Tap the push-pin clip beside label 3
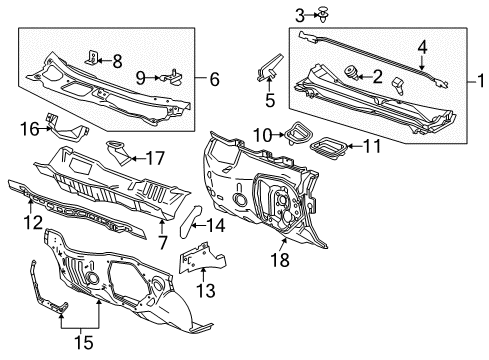coord(266,14)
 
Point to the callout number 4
coord(422,45)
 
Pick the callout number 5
coord(269,99)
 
